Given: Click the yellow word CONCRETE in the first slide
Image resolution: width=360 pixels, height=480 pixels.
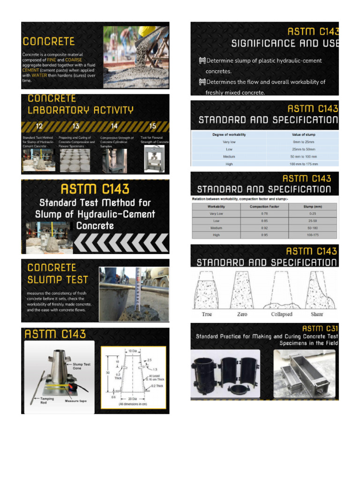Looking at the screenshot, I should coord(48,41).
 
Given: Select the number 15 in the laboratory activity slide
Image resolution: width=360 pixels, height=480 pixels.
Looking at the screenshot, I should coord(152,126).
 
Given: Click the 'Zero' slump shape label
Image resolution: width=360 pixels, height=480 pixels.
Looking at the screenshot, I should coord(242,314).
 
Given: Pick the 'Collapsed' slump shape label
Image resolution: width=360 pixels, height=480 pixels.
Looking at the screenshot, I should coord(281,314).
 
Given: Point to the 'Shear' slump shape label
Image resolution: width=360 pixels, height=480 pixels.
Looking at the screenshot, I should coord(317,314).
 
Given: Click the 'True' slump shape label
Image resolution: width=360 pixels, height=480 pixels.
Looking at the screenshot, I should coord(207,314).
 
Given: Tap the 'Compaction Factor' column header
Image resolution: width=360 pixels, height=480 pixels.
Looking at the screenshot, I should coord(265,206).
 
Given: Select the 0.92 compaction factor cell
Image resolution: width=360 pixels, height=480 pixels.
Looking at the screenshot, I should coord(264,227).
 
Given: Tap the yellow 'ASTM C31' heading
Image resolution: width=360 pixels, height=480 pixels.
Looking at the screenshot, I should coord(319,328).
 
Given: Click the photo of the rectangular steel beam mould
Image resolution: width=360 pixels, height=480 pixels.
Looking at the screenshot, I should coord(304,374).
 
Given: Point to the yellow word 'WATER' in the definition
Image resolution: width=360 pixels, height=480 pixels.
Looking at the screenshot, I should coord(39,75).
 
